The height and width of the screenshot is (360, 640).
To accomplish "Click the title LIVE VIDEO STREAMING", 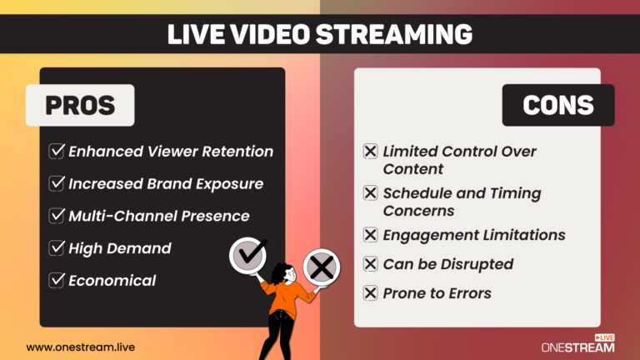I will click(319, 33).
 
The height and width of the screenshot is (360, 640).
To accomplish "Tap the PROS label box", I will click(80, 105).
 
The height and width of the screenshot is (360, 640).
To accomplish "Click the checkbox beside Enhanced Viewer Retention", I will click(57, 152).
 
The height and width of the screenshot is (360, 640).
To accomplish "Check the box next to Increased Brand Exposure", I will click(57, 183).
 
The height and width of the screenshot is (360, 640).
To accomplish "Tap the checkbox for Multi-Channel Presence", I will click(57, 216).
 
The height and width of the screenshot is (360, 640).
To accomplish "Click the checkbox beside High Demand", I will click(57, 248).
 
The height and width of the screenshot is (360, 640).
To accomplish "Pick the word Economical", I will click(112, 280).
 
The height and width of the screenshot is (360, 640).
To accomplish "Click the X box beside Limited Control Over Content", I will click(371, 152).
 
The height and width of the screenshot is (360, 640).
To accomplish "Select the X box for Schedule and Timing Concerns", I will click(371, 193).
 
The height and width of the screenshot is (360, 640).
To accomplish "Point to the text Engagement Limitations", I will click(473, 235).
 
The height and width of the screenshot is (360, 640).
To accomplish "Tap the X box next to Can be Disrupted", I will click(371, 264).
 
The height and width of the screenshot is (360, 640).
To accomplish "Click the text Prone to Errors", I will click(437, 293).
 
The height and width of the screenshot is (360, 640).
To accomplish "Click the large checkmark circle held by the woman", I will click(249, 252).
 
